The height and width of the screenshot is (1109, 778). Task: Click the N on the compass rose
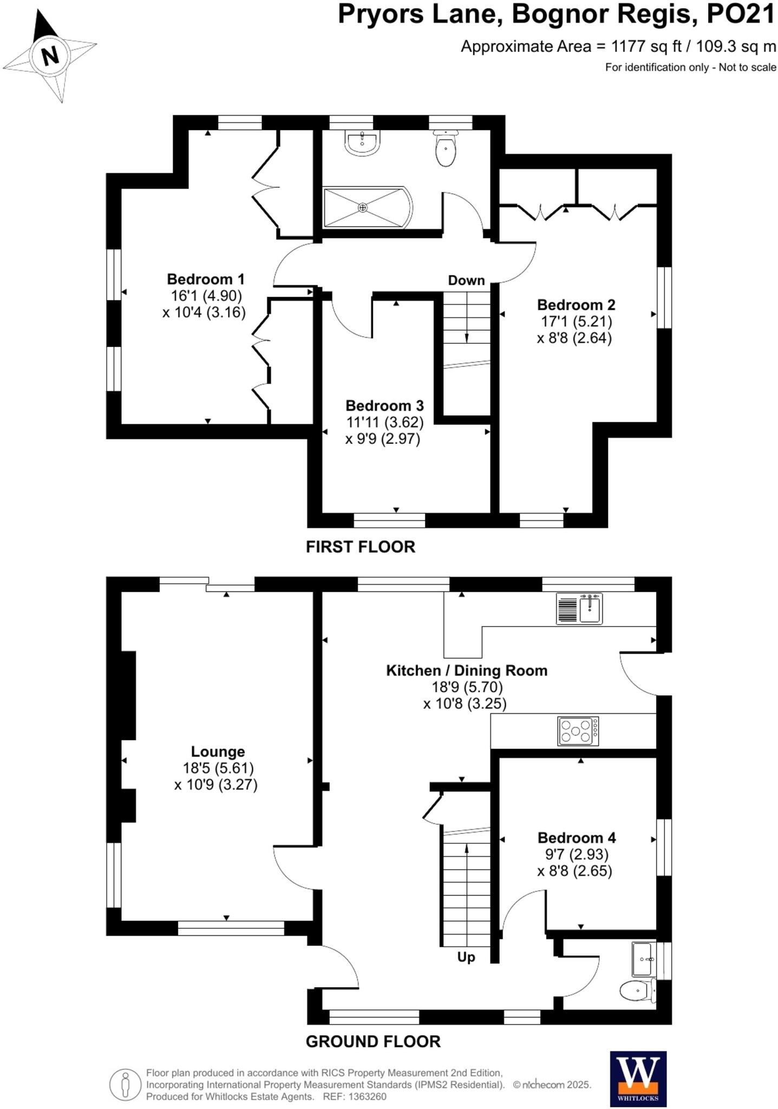click(50, 56)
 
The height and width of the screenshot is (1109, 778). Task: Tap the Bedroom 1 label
click(206, 279)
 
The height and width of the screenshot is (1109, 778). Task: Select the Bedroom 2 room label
click(576, 305)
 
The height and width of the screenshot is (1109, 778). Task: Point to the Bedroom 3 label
click(384, 406)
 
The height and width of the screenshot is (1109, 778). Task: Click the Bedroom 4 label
click(577, 838)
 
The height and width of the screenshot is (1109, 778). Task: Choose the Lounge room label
click(218, 752)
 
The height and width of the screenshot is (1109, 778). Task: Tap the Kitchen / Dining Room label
click(467, 670)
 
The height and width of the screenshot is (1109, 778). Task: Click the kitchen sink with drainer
click(579, 609)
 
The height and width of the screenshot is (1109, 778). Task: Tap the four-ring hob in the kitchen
click(578, 731)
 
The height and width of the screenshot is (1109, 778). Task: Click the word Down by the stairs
click(466, 280)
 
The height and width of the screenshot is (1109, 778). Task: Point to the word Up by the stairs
click(466, 957)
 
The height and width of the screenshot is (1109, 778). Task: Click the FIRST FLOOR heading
click(361, 547)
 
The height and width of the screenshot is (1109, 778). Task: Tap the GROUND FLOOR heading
click(373, 1041)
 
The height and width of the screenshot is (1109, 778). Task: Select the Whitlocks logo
click(638, 1079)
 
